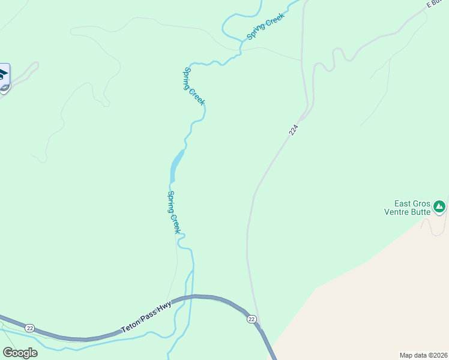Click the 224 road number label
pyautogui.click(x=294, y=130)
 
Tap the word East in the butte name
pyautogui.click(x=405, y=204)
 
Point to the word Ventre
pyautogui.click(x=397, y=212)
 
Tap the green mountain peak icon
pyautogui.click(x=440, y=207)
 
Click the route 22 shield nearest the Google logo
pyautogui.click(x=29, y=328)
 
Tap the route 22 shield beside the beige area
pyautogui.click(x=252, y=319)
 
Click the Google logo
pyautogui.click(x=20, y=353)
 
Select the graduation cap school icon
pyautogui.click(x=3, y=75)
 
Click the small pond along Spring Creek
pyautogui.click(x=176, y=164)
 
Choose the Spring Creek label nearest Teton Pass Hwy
pyautogui.click(x=174, y=212)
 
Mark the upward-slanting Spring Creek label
pyautogui.click(x=265, y=27)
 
